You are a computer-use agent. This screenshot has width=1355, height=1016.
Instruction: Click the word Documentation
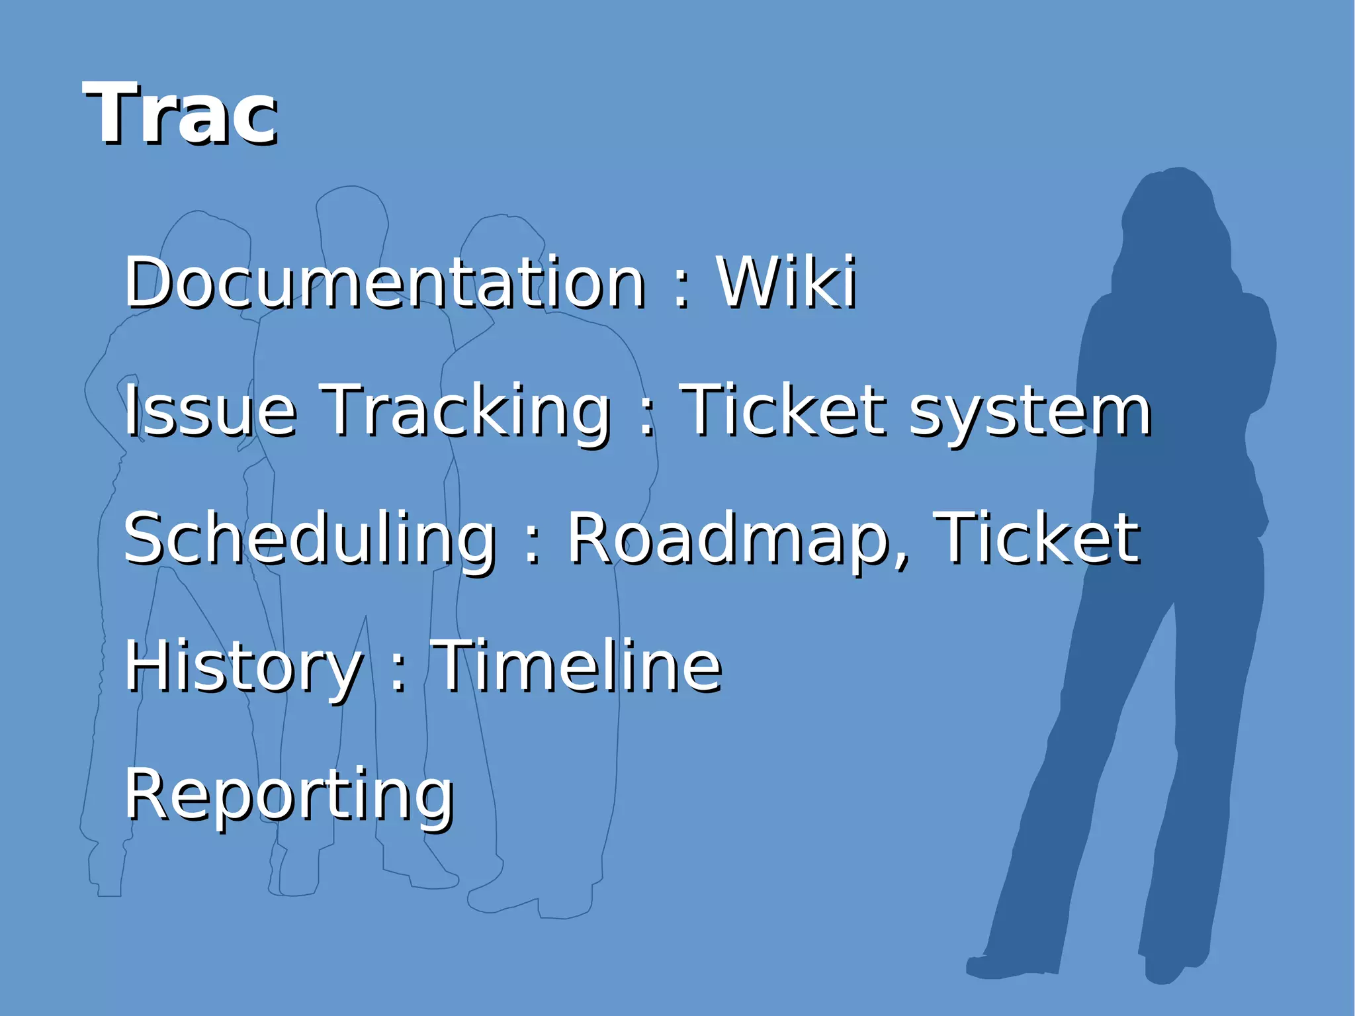pyautogui.click(x=384, y=283)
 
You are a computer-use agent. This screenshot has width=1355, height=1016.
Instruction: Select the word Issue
pyautogui.click(x=210, y=411)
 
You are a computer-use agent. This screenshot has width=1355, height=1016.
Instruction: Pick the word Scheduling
pyautogui.click(x=310, y=539)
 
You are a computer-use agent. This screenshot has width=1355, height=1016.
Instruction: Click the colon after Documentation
pyautogui.click(x=681, y=291)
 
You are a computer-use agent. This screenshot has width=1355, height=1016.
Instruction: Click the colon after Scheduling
pyautogui.click(x=532, y=547)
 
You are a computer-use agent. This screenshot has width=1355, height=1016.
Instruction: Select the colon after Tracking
pyautogui.click(x=646, y=419)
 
